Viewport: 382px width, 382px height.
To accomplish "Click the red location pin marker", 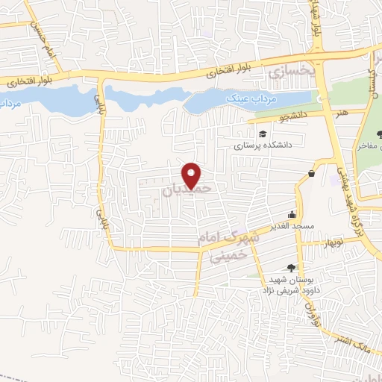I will [193, 175].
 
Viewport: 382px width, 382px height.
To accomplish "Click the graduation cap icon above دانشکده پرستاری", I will [262, 134].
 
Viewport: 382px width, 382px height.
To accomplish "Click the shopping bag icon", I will [310, 174].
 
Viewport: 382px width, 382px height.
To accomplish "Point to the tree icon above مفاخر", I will [380, 134].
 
